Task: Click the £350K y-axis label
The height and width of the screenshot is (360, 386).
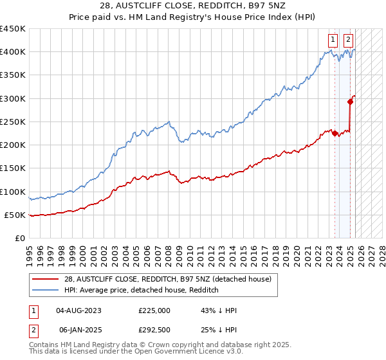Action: tap(14, 75)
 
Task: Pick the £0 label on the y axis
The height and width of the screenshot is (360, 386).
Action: tap(19, 238)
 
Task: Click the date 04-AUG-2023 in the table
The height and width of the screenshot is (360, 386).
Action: tap(78, 310)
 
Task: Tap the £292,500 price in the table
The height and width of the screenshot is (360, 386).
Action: tap(154, 330)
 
